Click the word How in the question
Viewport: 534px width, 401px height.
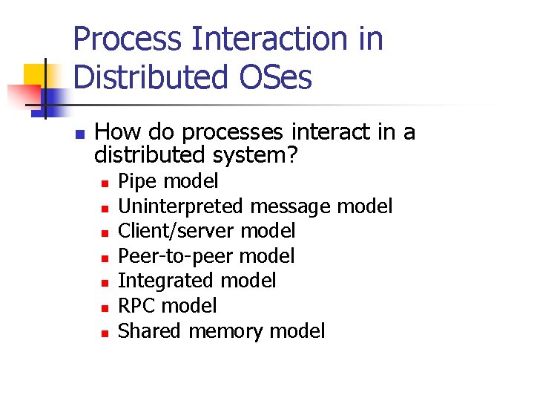click(x=118, y=132)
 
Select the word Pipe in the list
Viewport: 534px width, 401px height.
click(x=138, y=181)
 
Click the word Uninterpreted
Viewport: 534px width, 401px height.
click(x=182, y=206)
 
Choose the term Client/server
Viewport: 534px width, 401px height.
click(x=177, y=231)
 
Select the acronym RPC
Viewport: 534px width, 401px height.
click(x=137, y=306)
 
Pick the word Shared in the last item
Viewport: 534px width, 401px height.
click(x=151, y=330)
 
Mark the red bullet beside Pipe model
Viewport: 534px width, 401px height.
click(x=106, y=182)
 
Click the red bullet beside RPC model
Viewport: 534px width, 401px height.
click(x=106, y=307)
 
